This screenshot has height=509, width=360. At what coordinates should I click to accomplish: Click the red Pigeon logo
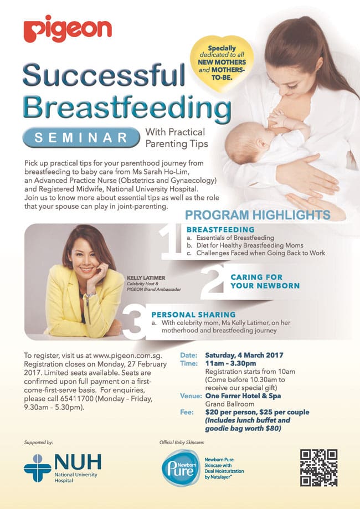68,29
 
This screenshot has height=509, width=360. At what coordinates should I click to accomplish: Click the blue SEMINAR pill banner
81,137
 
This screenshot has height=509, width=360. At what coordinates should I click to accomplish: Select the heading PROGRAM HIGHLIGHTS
258,215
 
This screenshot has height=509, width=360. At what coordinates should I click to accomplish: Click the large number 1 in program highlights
171,242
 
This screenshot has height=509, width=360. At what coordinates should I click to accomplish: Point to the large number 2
213,281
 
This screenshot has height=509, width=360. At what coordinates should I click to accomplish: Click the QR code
319,468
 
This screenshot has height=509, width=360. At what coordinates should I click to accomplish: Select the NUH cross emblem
37,468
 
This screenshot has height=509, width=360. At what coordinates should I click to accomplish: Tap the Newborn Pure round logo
181,468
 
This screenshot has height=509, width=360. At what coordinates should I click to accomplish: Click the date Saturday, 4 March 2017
244,355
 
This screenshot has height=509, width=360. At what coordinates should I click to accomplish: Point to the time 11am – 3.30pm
230,363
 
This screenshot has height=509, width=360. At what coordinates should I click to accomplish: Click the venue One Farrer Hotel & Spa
243,395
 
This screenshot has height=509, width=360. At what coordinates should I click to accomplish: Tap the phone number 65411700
76,398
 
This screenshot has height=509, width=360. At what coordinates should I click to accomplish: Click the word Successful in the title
104,75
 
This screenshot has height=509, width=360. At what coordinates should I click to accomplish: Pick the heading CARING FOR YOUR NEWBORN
265,281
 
